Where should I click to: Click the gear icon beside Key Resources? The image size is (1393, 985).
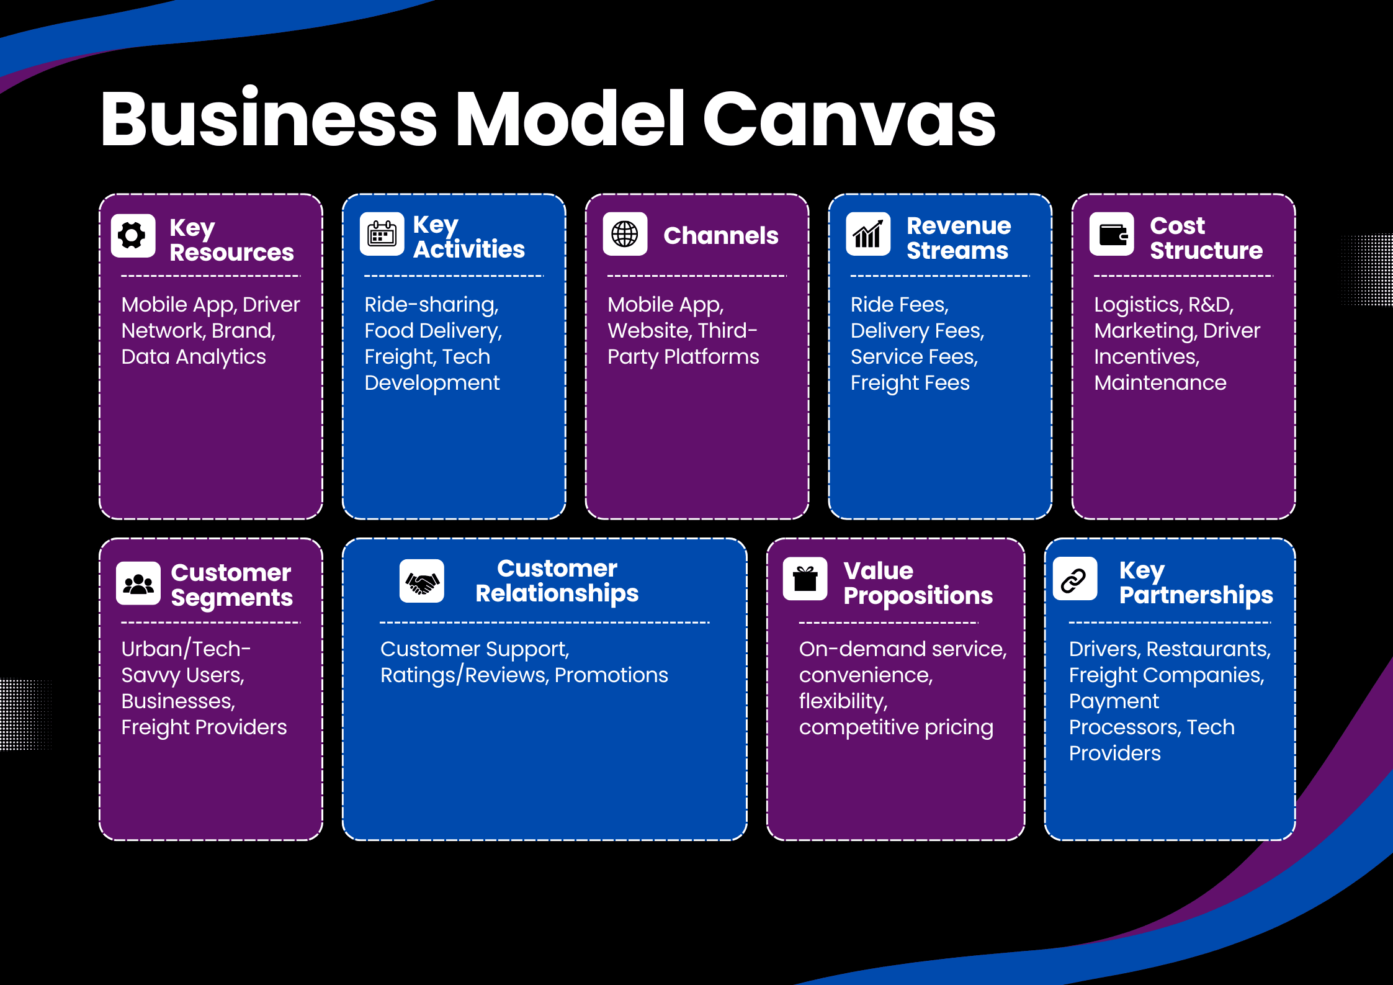click(133, 235)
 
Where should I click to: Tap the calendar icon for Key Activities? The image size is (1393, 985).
click(382, 234)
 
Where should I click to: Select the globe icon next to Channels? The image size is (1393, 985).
click(625, 234)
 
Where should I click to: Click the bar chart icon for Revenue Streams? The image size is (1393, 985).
click(868, 234)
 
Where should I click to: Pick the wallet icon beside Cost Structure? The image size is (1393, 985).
click(1112, 234)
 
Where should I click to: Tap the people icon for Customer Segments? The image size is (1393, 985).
click(138, 583)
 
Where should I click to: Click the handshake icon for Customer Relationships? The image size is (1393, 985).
click(422, 582)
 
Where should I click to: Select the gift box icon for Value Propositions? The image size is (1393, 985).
click(805, 579)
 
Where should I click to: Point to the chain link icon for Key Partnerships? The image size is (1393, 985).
click(1074, 580)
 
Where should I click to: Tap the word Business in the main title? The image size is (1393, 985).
click(269, 119)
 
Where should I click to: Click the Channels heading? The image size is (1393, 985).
click(720, 236)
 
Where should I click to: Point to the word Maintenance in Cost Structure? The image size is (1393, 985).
click(1160, 383)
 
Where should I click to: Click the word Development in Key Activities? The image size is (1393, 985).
click(432, 383)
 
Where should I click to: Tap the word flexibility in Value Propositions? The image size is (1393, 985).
click(843, 701)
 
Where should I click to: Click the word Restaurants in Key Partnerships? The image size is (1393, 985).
click(1208, 649)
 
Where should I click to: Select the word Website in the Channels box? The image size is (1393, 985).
click(648, 331)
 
